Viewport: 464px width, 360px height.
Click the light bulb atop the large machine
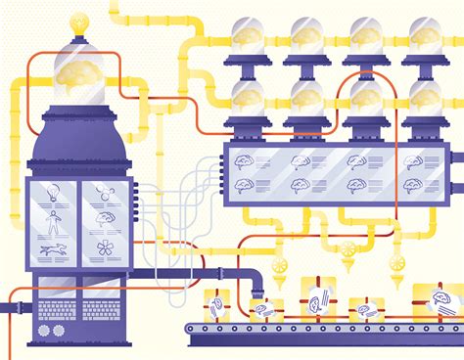click(x=77, y=22)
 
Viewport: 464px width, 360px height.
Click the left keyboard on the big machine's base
click(x=53, y=310)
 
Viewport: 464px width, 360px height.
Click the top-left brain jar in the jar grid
click(x=246, y=36)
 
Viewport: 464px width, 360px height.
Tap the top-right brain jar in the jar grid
click(x=425, y=36)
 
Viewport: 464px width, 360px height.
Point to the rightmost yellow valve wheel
click(x=395, y=262)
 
